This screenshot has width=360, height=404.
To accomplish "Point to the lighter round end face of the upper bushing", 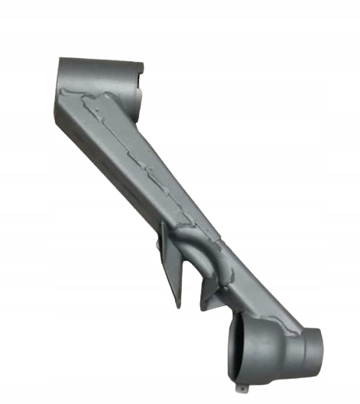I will pos(141,100).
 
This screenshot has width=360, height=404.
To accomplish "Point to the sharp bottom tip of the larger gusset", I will pos(177,306).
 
